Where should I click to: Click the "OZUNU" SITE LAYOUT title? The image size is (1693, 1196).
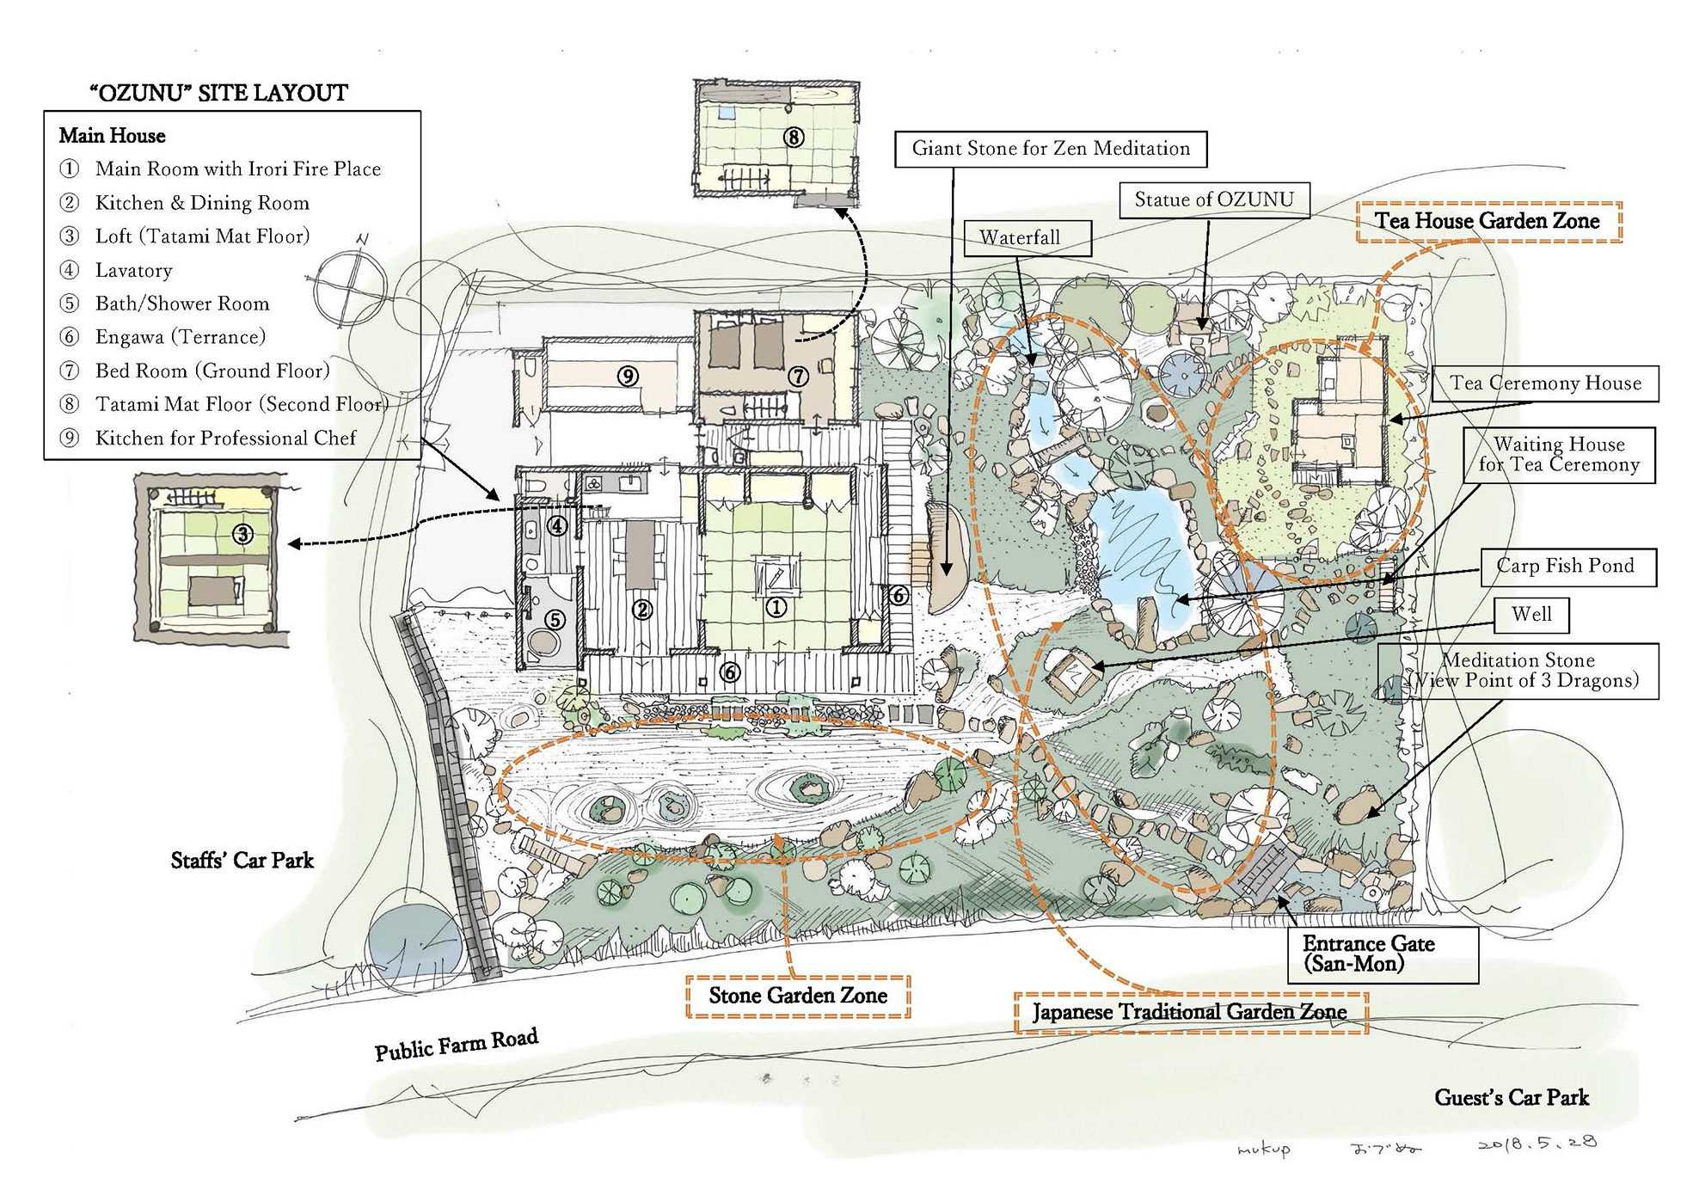coord(219,93)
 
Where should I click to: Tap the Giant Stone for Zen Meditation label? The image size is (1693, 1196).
coord(1051,149)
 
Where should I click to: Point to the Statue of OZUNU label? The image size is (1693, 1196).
coord(1214,199)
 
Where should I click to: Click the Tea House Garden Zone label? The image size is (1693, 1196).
coord(1488,221)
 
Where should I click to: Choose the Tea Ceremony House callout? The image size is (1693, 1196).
coord(1545,383)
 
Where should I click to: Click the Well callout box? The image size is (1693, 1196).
coord(1532,614)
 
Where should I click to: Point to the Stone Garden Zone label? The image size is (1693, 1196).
coord(798,996)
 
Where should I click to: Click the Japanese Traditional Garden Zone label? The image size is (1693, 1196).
coord(1190,1012)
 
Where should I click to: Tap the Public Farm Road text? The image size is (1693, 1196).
coord(457,1044)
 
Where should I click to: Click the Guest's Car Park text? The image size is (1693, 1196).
coord(1512,1098)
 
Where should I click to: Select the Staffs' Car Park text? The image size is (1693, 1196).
coord(242,861)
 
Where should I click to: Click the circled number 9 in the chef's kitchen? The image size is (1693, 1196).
coord(628,376)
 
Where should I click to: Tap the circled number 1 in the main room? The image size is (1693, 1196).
coord(776,608)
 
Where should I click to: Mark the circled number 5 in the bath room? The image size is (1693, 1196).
coord(555,619)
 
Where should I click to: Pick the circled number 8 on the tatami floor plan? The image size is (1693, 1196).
coord(794,137)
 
